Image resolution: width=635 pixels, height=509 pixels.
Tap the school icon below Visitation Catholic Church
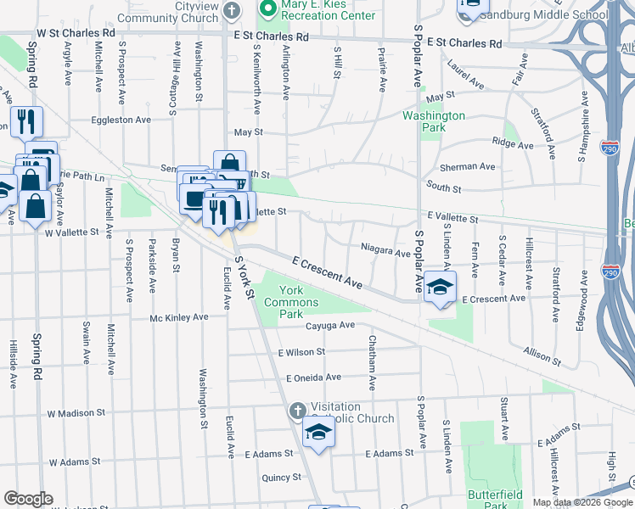pos(319,433)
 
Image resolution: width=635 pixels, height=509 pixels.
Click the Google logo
pos(28,499)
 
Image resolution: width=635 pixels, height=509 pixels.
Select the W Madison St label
pos(76,413)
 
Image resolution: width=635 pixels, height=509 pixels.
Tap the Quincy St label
pos(282,478)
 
